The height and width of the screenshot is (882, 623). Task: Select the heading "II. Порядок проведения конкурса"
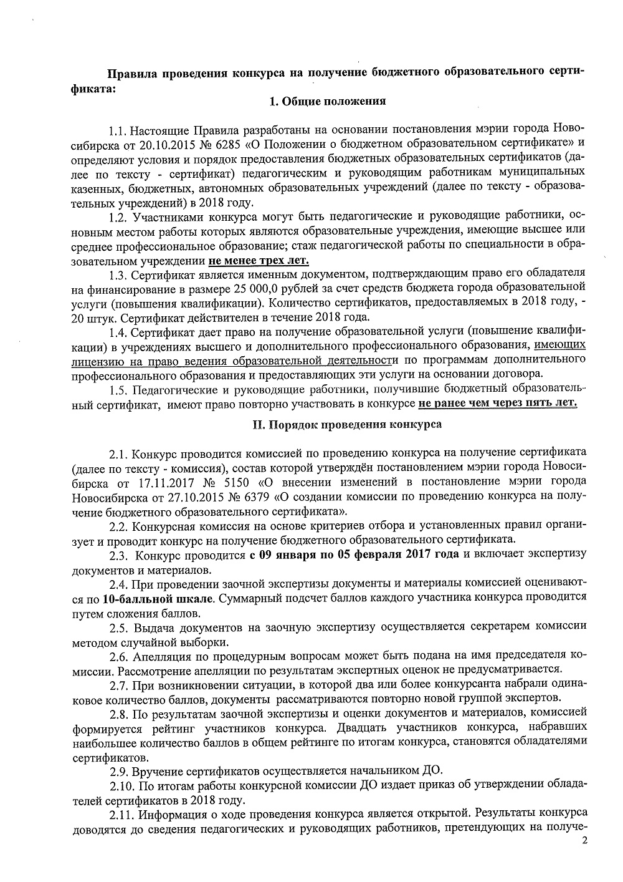point(346,425)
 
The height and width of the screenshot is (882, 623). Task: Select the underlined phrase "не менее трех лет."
point(259,259)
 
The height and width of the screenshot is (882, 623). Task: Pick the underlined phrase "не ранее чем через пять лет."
point(498,403)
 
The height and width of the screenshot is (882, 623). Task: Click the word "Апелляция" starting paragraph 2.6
point(160,656)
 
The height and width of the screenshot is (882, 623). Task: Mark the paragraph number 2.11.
point(121,815)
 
